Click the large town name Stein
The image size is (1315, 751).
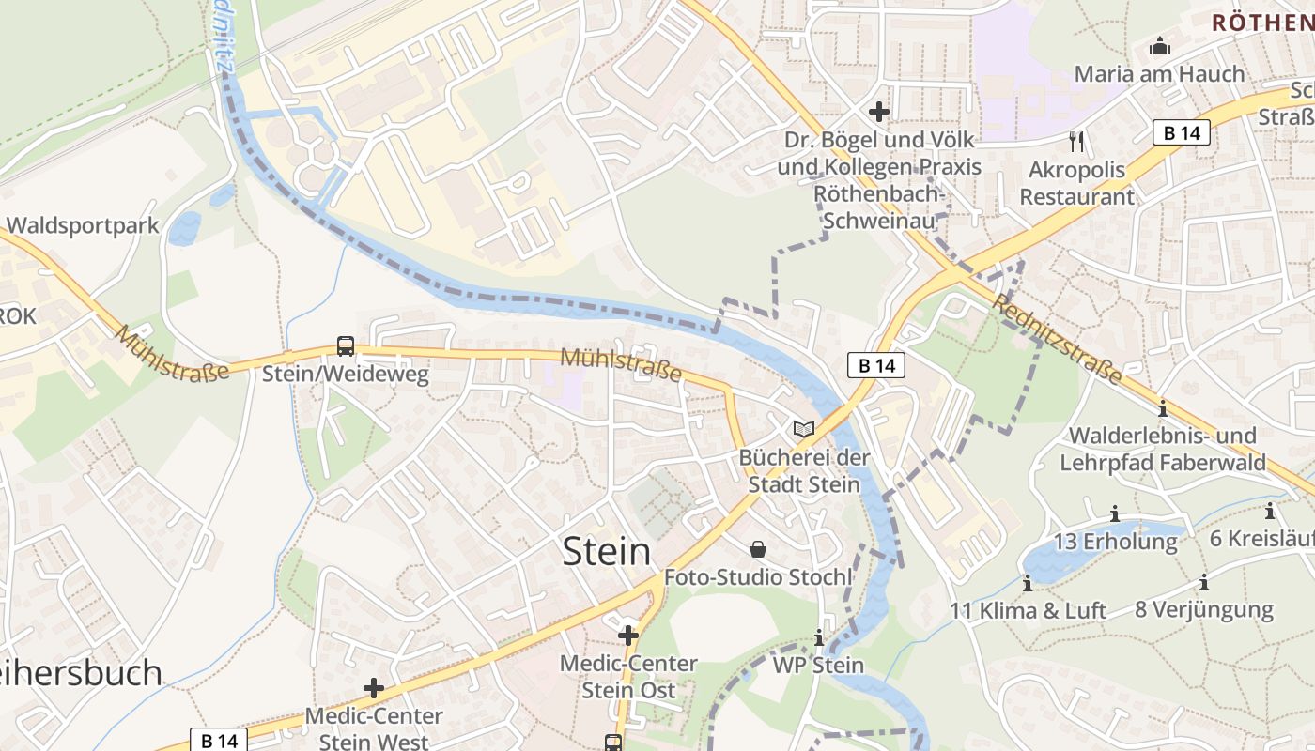tap(607, 551)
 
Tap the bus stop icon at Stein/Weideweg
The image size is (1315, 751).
tap(346, 346)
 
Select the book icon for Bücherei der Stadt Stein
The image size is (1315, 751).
tap(803, 429)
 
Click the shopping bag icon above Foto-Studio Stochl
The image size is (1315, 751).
tap(758, 548)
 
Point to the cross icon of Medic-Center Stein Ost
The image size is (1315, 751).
tap(628, 636)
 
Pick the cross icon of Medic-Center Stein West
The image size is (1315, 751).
tap(374, 688)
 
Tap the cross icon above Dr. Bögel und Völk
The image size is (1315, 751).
tap(879, 112)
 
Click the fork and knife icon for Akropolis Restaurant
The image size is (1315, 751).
tap(1076, 142)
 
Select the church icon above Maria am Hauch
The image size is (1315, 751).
tap(1160, 46)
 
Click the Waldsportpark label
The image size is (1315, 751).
tap(83, 226)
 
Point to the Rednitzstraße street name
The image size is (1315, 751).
tap(1057, 339)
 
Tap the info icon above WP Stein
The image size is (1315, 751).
tap(818, 637)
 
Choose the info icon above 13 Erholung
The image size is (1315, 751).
tap(1115, 513)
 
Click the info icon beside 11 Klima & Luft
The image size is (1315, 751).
tap(1028, 583)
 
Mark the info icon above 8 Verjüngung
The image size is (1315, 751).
tap(1203, 582)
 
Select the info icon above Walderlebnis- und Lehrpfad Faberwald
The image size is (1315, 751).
tap(1163, 408)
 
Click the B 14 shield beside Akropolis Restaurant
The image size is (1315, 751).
tap(1182, 132)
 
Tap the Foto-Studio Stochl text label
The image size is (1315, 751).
tap(758, 576)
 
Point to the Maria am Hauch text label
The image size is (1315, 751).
tap(1159, 73)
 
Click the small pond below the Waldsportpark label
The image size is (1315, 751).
tap(184, 228)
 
